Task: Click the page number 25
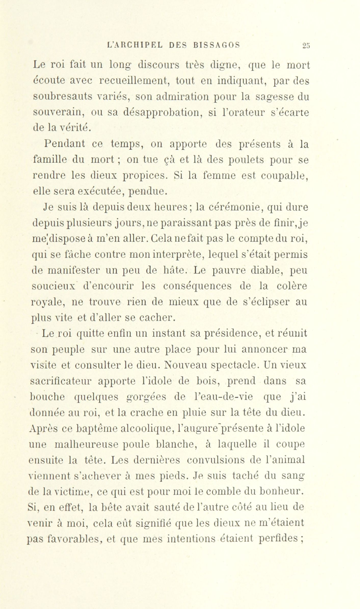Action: click(305, 46)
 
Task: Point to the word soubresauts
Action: click(62, 97)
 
